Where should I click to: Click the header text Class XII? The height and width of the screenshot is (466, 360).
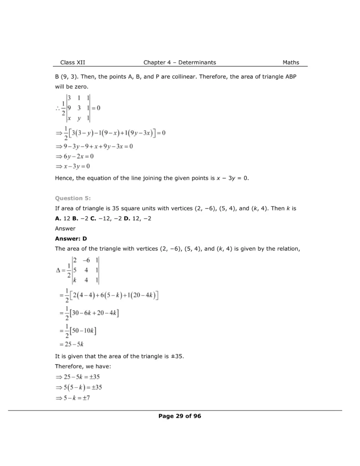click(72, 62)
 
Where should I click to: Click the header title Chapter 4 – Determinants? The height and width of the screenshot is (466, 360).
click(179, 62)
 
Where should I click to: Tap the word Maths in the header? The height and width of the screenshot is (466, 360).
click(291, 62)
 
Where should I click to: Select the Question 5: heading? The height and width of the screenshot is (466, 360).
click(73, 198)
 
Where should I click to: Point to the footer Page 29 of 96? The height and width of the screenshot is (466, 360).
click(179, 416)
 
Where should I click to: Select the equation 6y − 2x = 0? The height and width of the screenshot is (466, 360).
click(74, 156)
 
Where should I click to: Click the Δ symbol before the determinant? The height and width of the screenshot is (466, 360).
click(58, 270)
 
